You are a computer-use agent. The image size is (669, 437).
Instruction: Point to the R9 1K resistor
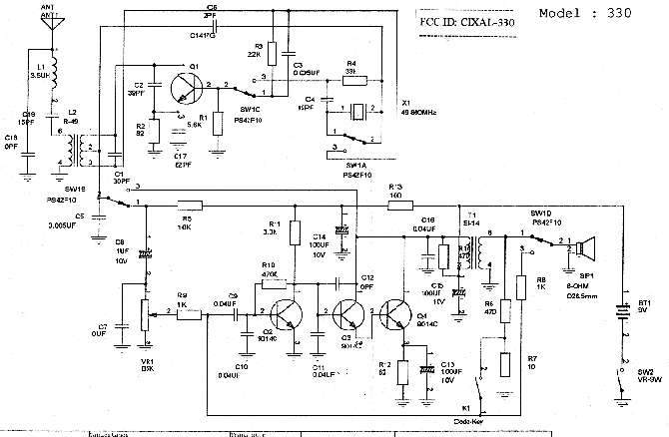click(189, 313)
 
